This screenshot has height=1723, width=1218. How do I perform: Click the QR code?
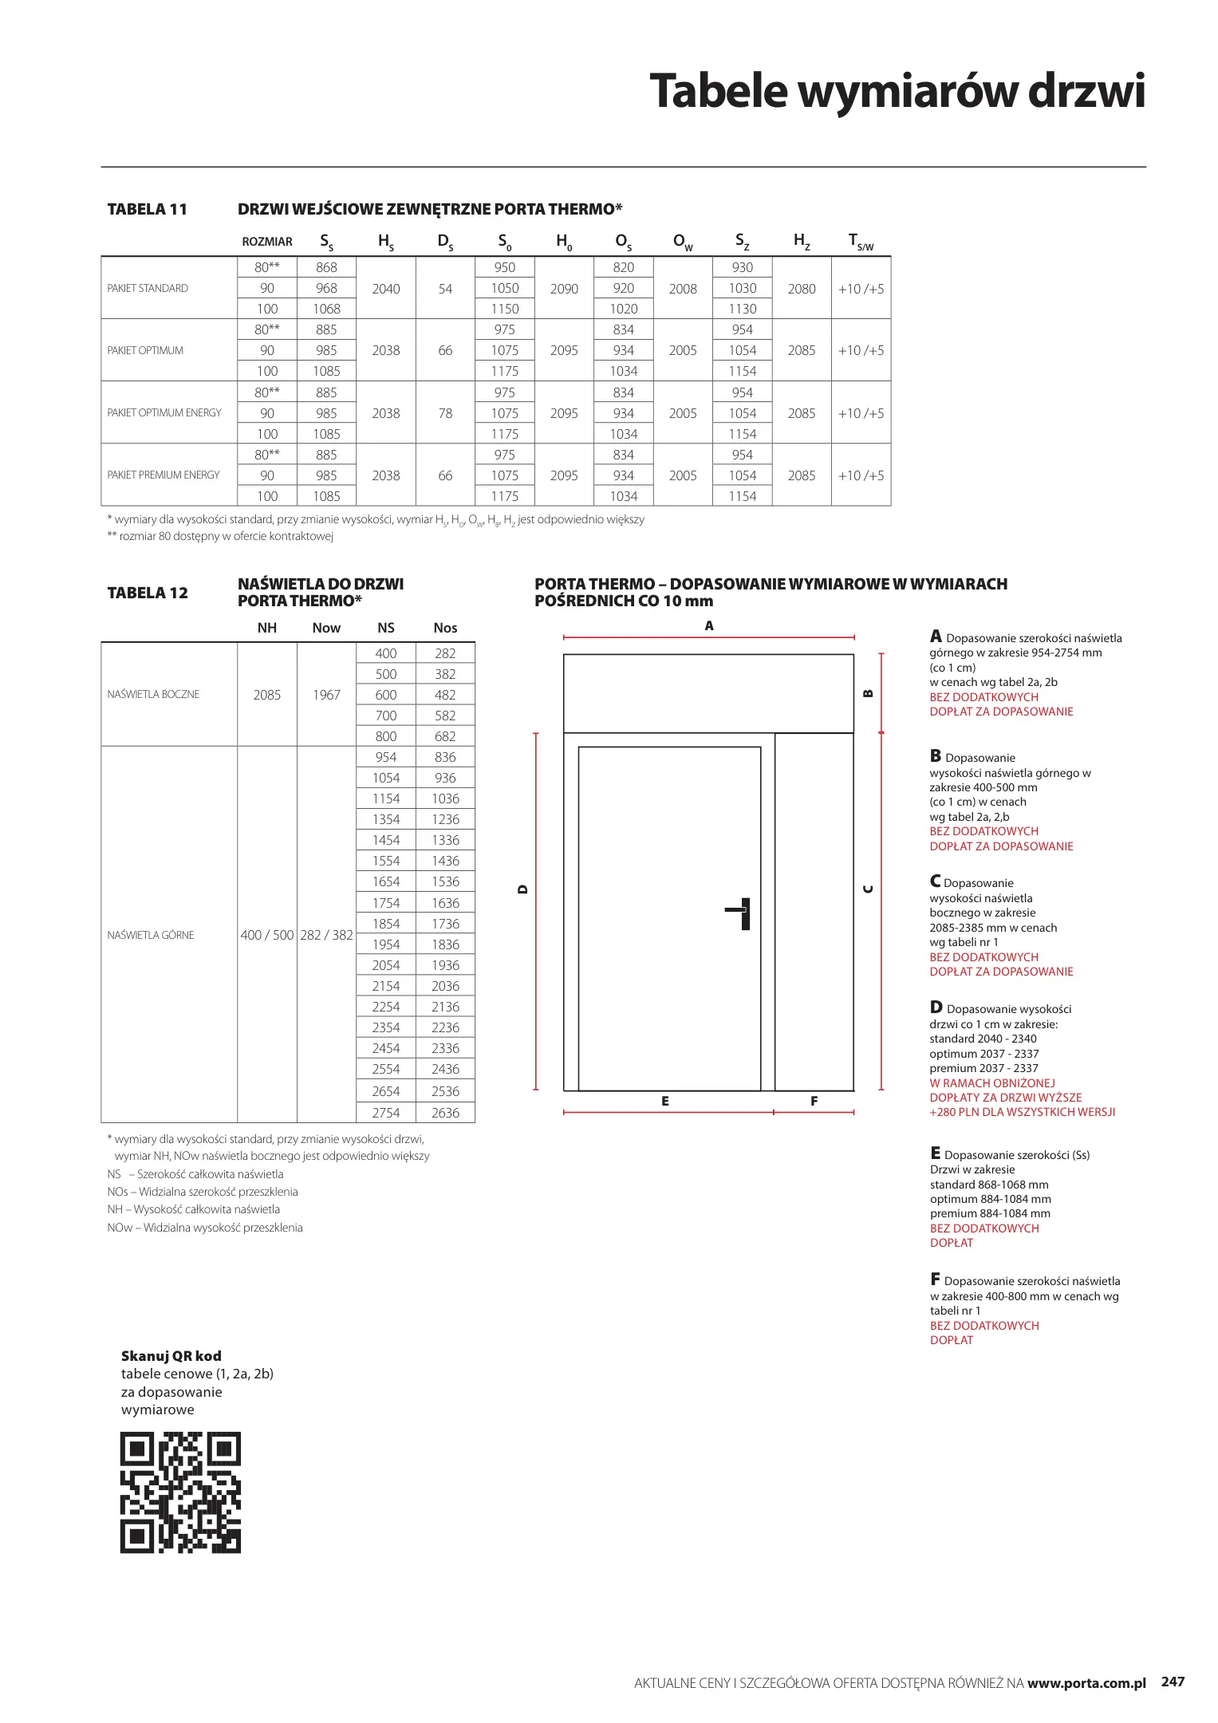[x=180, y=1492]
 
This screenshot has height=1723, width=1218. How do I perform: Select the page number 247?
[x=1173, y=1682]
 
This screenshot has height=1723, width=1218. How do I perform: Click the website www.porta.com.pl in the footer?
[x=1086, y=1683]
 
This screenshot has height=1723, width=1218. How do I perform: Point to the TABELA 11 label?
[x=148, y=209]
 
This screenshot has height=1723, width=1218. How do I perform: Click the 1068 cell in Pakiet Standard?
[x=326, y=309]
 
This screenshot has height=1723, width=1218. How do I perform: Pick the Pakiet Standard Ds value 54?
[x=445, y=289]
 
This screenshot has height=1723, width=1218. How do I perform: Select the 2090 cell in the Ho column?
[x=564, y=289]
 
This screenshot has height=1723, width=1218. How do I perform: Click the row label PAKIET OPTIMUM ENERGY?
[x=164, y=412]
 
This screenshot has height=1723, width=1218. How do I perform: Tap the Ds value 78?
[x=445, y=413]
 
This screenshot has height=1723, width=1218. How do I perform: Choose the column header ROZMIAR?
[x=267, y=242]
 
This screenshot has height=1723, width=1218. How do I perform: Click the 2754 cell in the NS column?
[x=386, y=1113]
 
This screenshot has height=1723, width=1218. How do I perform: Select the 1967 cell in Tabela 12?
[x=326, y=695]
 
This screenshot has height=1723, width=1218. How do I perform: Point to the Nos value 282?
[x=445, y=653]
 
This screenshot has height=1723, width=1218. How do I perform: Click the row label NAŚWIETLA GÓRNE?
[x=151, y=935]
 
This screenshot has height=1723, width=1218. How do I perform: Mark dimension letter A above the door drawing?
[x=709, y=626]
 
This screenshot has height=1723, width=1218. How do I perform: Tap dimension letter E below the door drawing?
[x=665, y=1101]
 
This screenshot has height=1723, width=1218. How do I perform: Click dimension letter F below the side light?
[x=814, y=1101]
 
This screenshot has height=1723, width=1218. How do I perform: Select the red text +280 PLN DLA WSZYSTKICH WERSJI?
[x=1022, y=1112]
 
